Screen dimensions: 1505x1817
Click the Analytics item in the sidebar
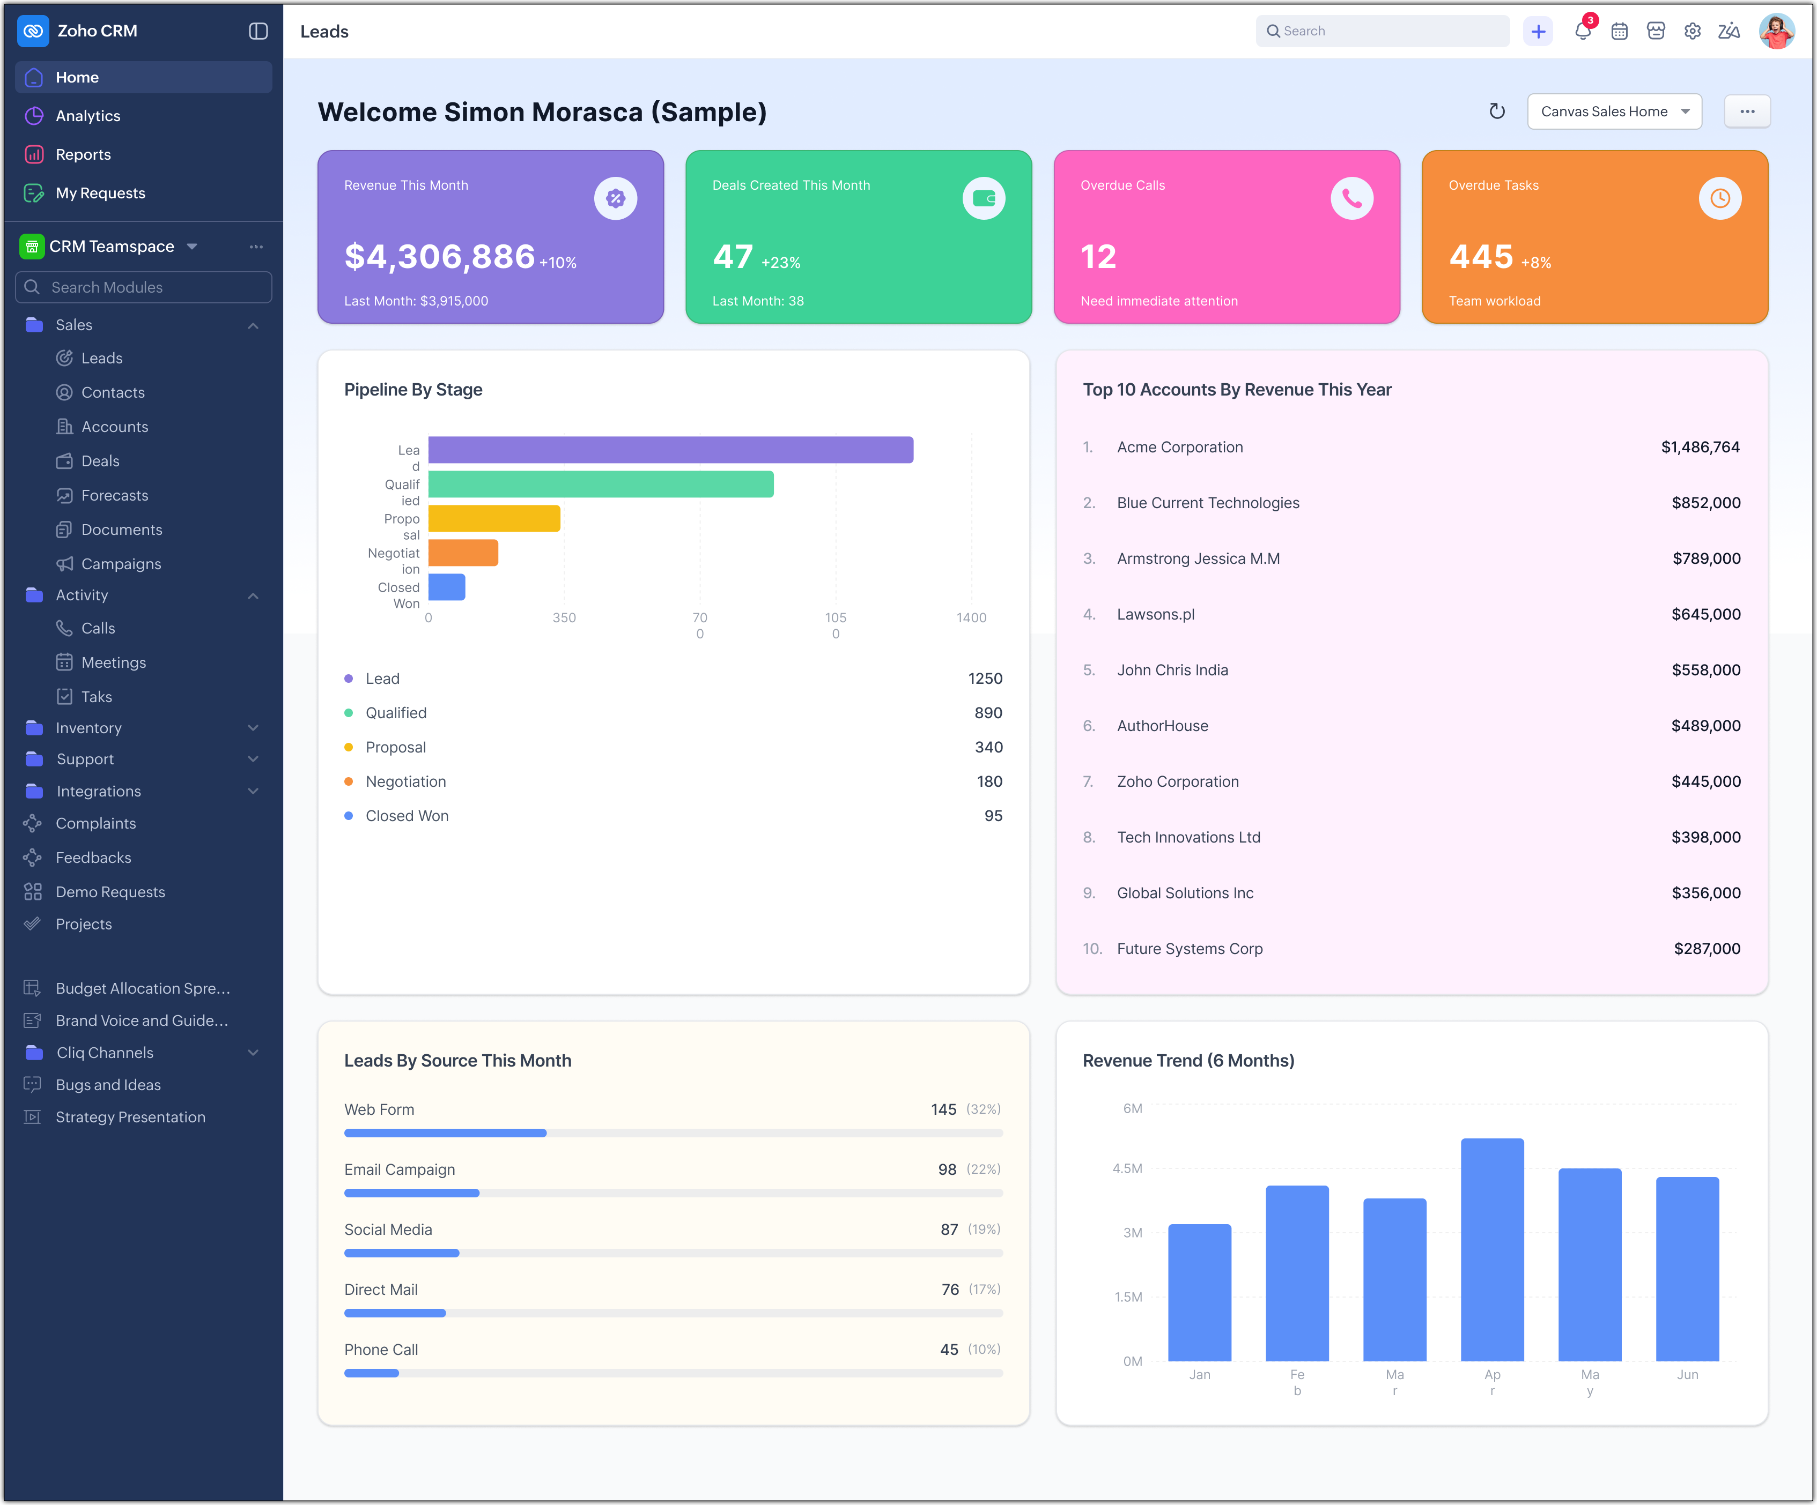point(87,116)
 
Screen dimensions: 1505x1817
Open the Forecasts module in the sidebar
point(114,496)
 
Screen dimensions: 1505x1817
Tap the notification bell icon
point(1583,31)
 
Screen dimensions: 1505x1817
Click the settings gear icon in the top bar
point(1693,31)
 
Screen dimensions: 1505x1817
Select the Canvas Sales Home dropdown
point(1614,111)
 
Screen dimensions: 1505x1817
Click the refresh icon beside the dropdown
point(1497,111)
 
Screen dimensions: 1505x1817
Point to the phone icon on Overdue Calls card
point(1351,199)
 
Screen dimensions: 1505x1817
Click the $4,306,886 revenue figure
point(440,257)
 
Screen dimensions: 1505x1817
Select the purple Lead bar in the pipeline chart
point(670,450)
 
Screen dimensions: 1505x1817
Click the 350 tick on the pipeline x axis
point(564,617)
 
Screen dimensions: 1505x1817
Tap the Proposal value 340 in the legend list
point(988,747)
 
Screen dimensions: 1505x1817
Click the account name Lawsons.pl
point(1155,614)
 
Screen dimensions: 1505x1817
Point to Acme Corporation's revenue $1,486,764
point(1700,447)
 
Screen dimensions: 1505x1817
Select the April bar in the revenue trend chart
point(1491,1250)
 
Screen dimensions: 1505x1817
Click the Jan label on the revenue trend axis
point(1199,1374)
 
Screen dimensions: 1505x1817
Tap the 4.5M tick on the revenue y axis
point(1127,1168)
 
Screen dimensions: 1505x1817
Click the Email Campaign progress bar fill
point(412,1193)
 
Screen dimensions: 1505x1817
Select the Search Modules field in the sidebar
point(144,287)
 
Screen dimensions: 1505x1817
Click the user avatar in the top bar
point(1776,31)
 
